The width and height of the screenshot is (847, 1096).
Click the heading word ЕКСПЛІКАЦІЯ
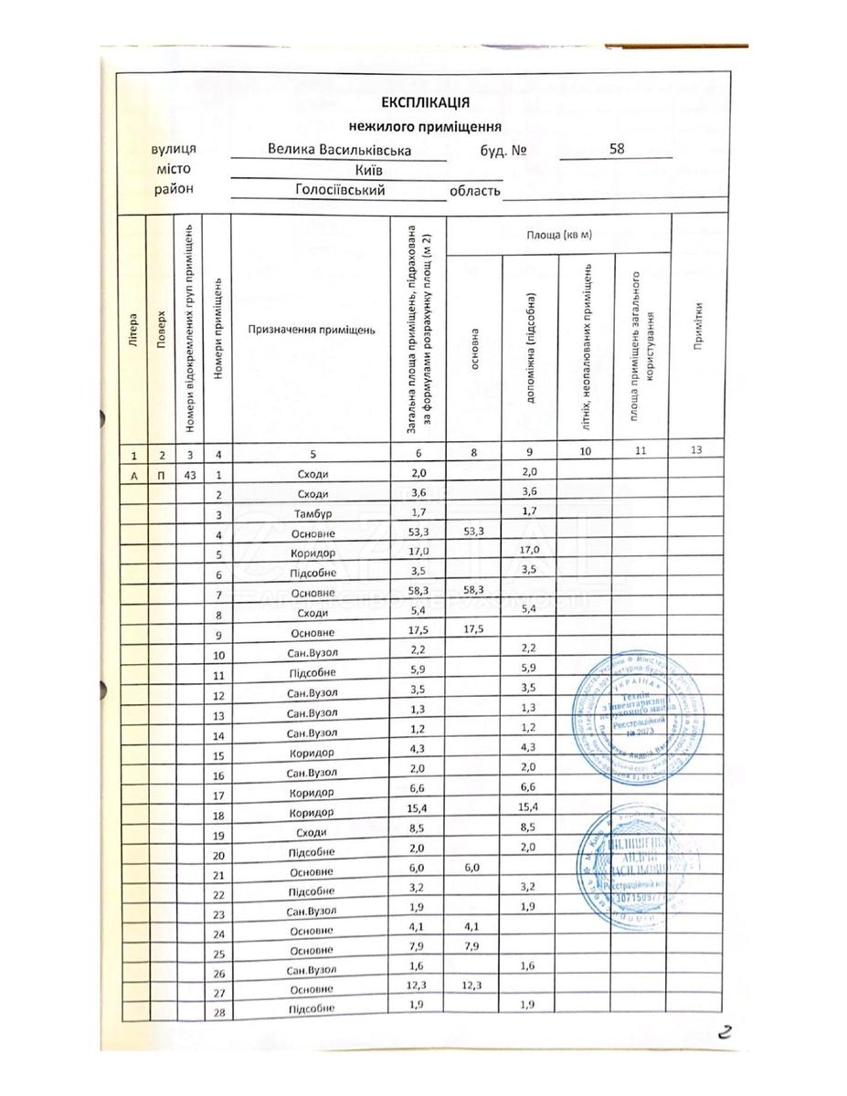coord(425,103)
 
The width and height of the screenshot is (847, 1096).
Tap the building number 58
coord(616,150)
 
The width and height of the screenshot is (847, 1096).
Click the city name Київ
coord(367,171)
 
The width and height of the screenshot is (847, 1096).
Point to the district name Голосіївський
coord(340,190)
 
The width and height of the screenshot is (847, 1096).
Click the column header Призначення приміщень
coord(310,329)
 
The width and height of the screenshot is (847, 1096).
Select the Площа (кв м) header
coord(559,236)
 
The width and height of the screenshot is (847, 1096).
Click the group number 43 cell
coord(190,474)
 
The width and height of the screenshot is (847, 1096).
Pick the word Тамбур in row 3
coord(312,514)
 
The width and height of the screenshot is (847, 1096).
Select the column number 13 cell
coord(697,452)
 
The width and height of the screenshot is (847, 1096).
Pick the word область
coord(475,191)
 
